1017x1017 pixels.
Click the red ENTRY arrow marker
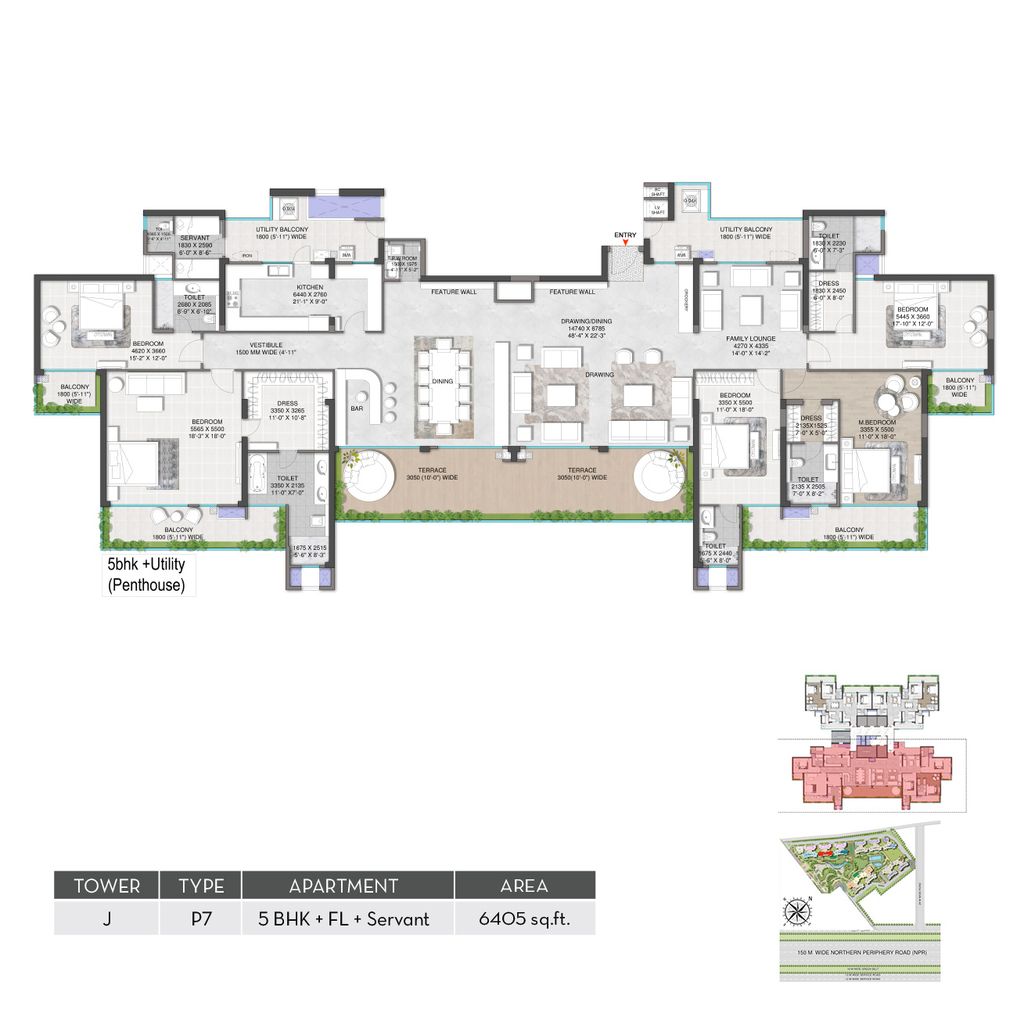click(x=625, y=243)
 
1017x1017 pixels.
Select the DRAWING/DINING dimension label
click(x=586, y=328)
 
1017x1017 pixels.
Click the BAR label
click(x=357, y=408)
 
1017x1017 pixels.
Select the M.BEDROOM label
click(x=876, y=422)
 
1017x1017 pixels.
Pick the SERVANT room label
click(x=195, y=238)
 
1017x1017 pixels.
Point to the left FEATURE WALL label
click(x=454, y=292)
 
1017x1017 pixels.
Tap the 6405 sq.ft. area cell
click(x=524, y=919)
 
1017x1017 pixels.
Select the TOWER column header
click(x=106, y=886)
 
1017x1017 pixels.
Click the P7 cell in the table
click(x=201, y=919)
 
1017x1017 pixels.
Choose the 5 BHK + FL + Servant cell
click(x=343, y=919)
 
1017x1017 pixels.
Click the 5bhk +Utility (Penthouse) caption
click(x=147, y=575)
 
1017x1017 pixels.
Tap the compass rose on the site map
click(x=797, y=911)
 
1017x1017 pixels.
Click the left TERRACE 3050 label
click(x=432, y=474)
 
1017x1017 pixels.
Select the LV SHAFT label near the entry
click(x=658, y=210)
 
